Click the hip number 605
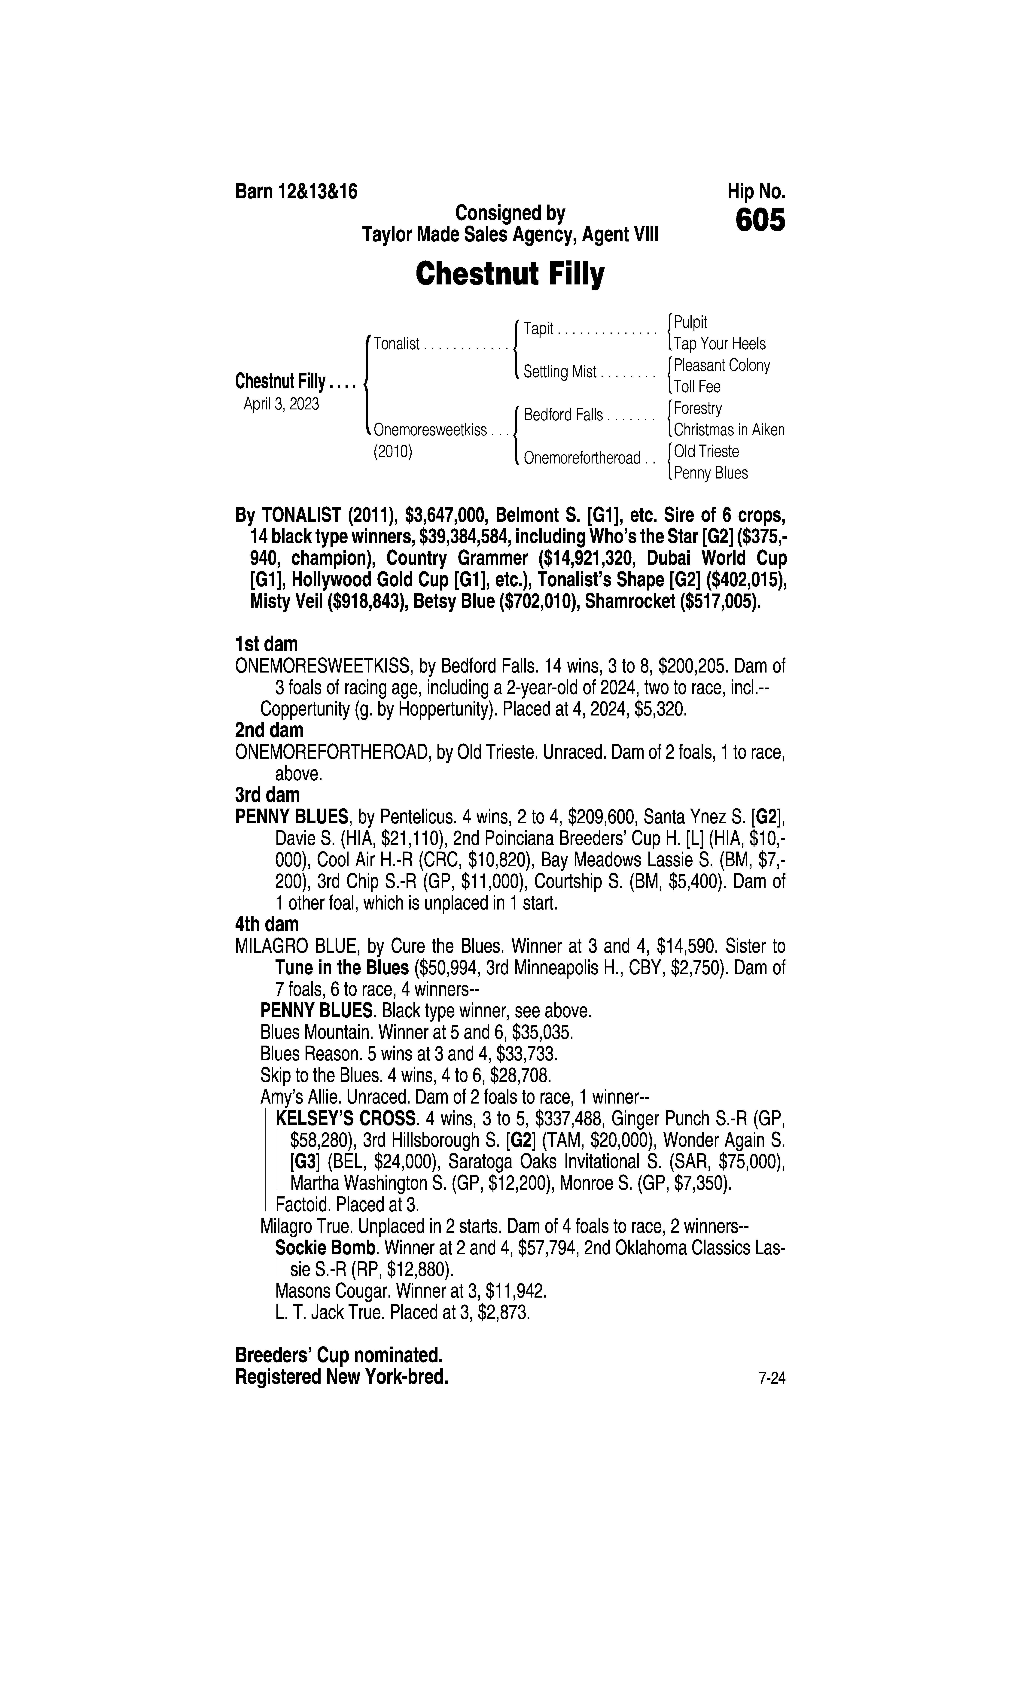pos(760,221)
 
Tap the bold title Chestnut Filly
pos(510,274)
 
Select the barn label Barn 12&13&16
pos(297,192)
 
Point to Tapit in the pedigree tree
pos(538,329)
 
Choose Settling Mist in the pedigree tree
pos(559,372)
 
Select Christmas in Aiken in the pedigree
pos(729,430)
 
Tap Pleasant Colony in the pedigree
pos(722,365)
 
